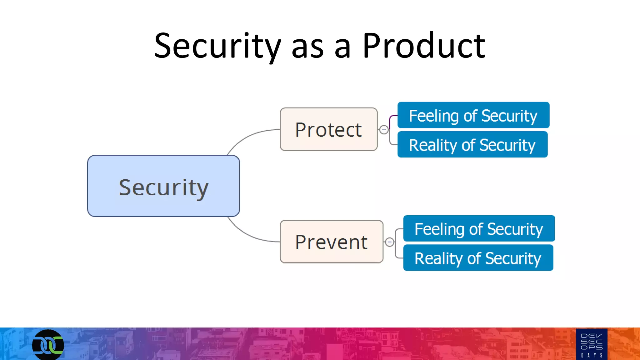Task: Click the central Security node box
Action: [163, 186]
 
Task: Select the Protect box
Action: [328, 129]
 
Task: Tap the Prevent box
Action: [331, 242]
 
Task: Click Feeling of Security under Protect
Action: [473, 115]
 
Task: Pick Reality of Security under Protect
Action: [472, 145]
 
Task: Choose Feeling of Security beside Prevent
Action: [479, 228]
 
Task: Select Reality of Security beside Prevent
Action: [478, 258]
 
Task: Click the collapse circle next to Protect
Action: [384, 129]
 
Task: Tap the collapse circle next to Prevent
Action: [389, 242]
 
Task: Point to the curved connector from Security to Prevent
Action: [247, 235]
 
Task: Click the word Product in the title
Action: [424, 46]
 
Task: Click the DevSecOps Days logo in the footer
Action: [592, 344]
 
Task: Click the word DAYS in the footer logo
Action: [592, 355]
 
